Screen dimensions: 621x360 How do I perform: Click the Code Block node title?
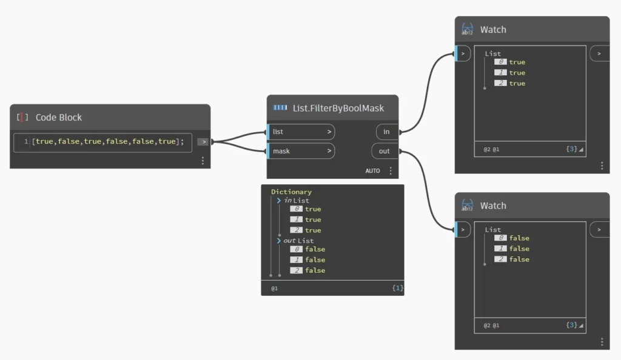[59, 118]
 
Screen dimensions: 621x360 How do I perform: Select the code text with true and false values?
[108, 142]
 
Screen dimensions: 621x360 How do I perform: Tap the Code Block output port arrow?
[203, 142]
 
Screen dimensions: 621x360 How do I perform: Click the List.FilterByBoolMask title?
[338, 108]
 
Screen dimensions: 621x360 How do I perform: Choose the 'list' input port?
[301, 132]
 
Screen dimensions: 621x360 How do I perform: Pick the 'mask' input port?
[301, 151]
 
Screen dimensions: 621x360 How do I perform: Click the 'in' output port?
[387, 132]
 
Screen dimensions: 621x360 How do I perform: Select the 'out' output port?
[384, 151]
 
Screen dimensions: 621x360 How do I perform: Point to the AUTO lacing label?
[372, 171]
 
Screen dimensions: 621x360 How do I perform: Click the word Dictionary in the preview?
[291, 192]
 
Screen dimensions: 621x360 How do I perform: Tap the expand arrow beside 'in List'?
[279, 201]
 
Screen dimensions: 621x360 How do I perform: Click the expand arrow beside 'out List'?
[279, 241]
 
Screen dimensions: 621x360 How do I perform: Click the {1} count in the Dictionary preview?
[397, 288]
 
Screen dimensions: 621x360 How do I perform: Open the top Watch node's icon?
[468, 29]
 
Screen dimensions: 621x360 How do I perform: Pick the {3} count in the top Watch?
[571, 148]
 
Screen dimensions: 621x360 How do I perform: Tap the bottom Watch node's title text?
[493, 205]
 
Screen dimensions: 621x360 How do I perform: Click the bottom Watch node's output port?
[600, 230]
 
